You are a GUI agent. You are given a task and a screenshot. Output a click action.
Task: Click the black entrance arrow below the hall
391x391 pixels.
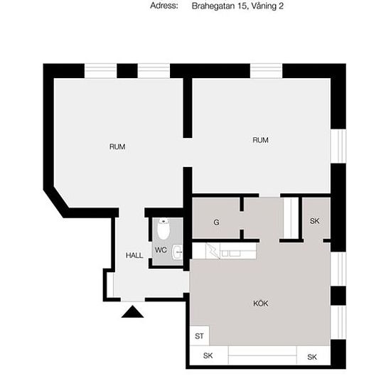[x=132, y=311]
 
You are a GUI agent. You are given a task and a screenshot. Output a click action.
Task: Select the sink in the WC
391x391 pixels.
[x=178, y=252]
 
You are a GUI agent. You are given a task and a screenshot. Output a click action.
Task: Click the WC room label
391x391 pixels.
[x=161, y=250]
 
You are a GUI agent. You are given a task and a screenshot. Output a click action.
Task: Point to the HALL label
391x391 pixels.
[x=134, y=255]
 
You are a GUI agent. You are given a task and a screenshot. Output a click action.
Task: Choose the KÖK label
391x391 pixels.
[x=261, y=304]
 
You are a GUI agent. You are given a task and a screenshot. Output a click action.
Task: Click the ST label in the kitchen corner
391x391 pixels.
[x=199, y=336]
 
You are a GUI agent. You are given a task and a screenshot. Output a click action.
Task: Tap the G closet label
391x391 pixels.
[x=216, y=223]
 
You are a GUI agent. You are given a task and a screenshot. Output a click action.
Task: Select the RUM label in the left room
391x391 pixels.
[x=117, y=146]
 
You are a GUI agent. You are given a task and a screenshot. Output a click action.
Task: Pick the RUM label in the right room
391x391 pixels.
[x=261, y=140]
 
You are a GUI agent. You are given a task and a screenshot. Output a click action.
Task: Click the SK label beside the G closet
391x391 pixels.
[x=314, y=221]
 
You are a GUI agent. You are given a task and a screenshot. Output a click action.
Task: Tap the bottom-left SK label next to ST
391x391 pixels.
[x=208, y=355]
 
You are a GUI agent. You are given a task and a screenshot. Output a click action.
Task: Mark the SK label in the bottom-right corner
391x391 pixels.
[x=312, y=357]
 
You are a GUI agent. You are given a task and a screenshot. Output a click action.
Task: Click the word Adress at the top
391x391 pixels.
[x=164, y=6]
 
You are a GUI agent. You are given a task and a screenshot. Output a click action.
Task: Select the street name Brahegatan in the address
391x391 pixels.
[x=213, y=6]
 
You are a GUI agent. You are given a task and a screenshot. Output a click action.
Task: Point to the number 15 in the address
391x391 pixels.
[x=242, y=6]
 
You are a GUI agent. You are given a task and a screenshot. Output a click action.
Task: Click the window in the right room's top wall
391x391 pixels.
[x=266, y=71]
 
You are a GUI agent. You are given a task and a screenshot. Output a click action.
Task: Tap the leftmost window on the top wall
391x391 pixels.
[x=100, y=71]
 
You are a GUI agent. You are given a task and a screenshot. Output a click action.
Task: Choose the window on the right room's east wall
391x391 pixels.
[x=338, y=146]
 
